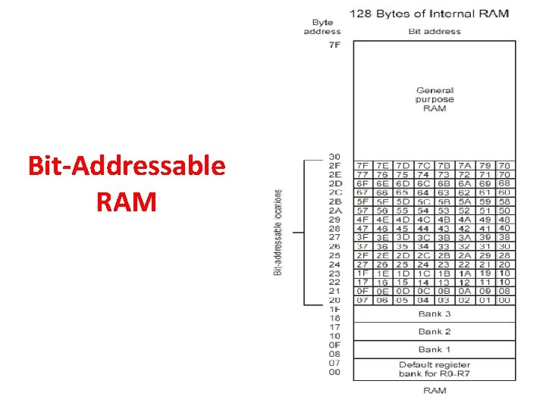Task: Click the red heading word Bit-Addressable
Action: point(127,165)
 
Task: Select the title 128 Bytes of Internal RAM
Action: point(428,13)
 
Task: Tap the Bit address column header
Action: point(434,32)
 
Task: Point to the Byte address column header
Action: point(322,27)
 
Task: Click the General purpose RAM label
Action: point(435,99)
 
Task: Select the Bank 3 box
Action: point(435,314)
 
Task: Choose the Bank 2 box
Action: point(435,332)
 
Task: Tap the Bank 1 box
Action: point(435,349)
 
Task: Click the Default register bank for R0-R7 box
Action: point(435,369)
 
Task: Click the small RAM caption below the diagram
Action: point(435,390)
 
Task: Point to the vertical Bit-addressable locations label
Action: point(278,232)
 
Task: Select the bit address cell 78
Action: point(504,165)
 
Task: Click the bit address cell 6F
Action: point(363,183)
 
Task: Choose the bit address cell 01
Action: point(485,300)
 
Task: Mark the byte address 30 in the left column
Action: point(334,157)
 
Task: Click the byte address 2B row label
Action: point(334,201)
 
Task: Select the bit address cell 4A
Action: point(464,219)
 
